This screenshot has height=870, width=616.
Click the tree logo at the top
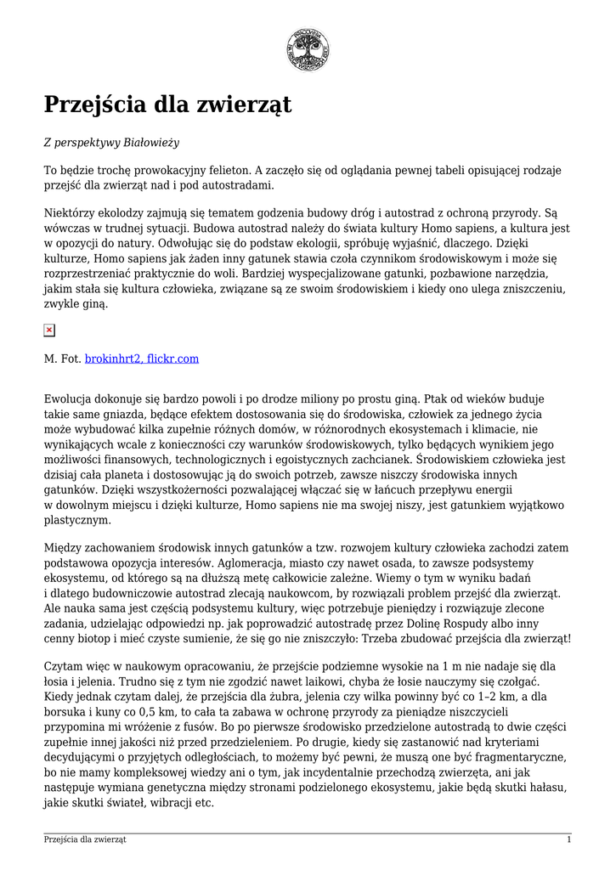[308, 49]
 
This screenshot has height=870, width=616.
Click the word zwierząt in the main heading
[244, 105]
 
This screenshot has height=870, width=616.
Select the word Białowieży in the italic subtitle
[152, 144]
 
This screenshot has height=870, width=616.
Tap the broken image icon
[49, 330]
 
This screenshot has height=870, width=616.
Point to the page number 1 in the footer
[568, 839]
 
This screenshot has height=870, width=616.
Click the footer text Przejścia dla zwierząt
[85, 839]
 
